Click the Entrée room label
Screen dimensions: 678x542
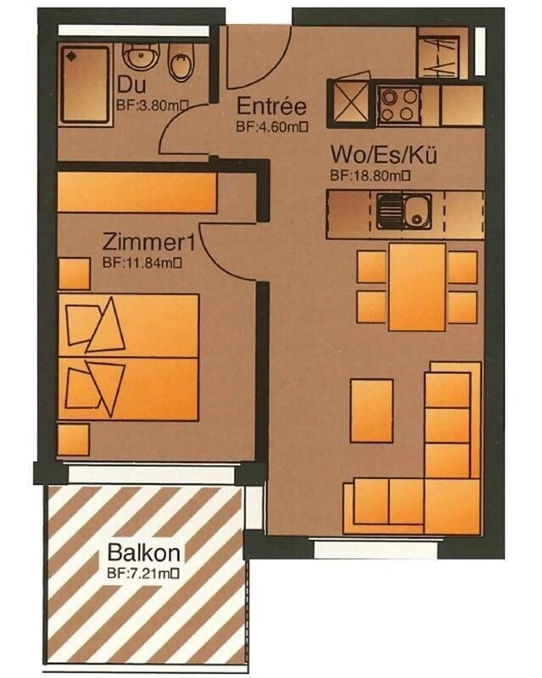pyautogui.click(x=271, y=107)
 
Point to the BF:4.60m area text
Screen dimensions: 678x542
pyautogui.click(x=272, y=127)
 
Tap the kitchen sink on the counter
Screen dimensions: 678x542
pyautogui.click(x=404, y=212)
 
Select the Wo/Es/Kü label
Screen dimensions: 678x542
pyautogui.click(x=384, y=154)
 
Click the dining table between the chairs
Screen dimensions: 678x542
pyautogui.click(x=417, y=287)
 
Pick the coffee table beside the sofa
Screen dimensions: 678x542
pyautogui.click(x=371, y=410)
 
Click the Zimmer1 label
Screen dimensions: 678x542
pyautogui.click(x=149, y=242)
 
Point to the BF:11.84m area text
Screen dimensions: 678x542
pyautogui.click(x=142, y=263)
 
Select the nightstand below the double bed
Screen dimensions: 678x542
pyautogui.click(x=74, y=440)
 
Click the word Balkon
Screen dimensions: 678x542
pyautogui.click(x=143, y=553)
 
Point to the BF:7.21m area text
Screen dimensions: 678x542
pyautogui.click(x=143, y=573)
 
